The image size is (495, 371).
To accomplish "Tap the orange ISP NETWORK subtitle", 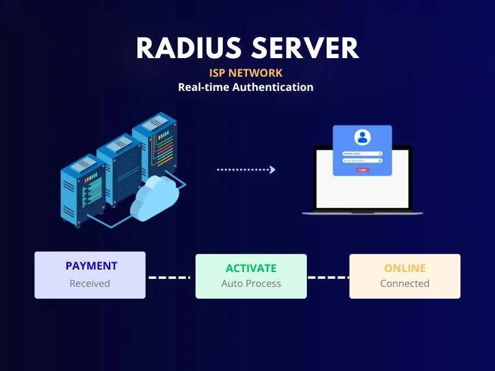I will point(246,73).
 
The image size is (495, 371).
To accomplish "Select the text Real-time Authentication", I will point(246,87).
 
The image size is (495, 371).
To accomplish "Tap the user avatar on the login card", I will point(362,137).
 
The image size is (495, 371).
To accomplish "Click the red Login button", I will point(362,169).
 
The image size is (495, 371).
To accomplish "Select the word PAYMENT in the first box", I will point(91,267).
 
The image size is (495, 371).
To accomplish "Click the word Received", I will point(90,284).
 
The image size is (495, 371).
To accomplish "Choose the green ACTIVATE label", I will point(251,268).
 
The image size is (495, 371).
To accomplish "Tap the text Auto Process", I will point(251,284).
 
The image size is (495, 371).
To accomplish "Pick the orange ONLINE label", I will point(405,268).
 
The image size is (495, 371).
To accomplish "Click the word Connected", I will point(405,284).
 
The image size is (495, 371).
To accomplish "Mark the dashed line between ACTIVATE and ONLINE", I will point(328,278).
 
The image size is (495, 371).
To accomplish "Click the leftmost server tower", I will point(79,189).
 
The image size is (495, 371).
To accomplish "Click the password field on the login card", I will point(362,161).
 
